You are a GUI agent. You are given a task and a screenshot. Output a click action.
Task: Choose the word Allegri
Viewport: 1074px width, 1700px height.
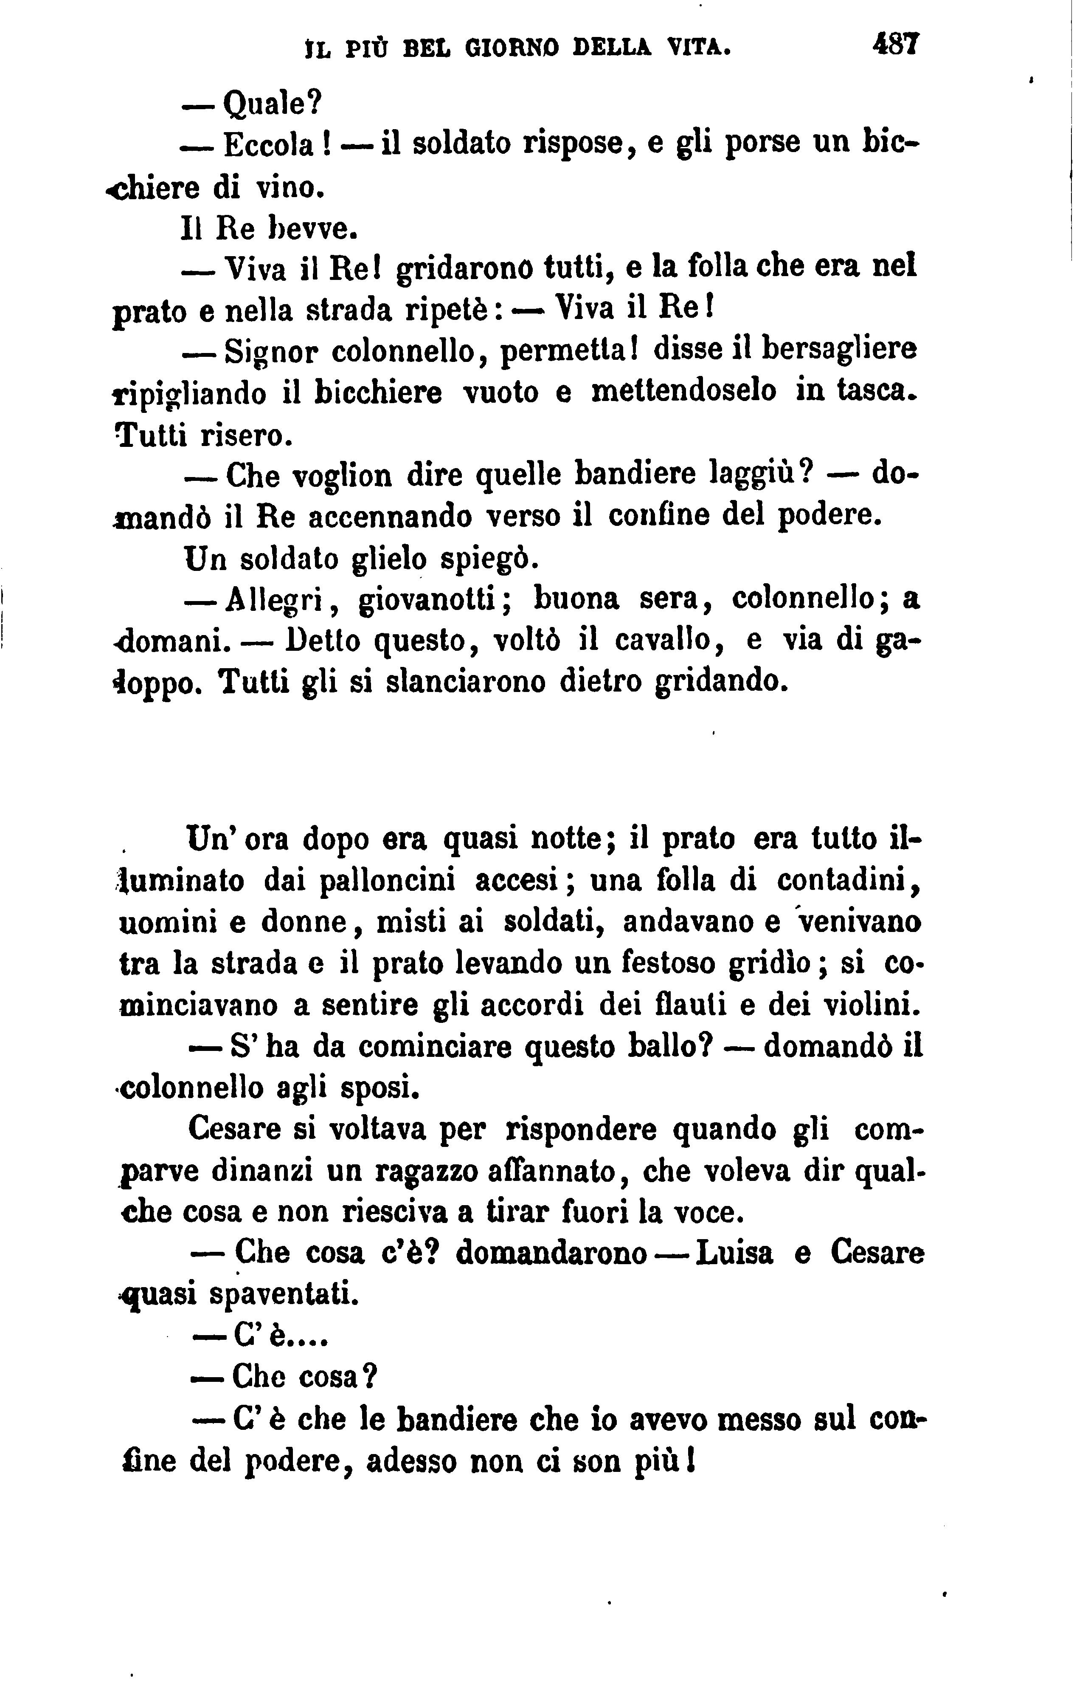pos(274,601)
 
